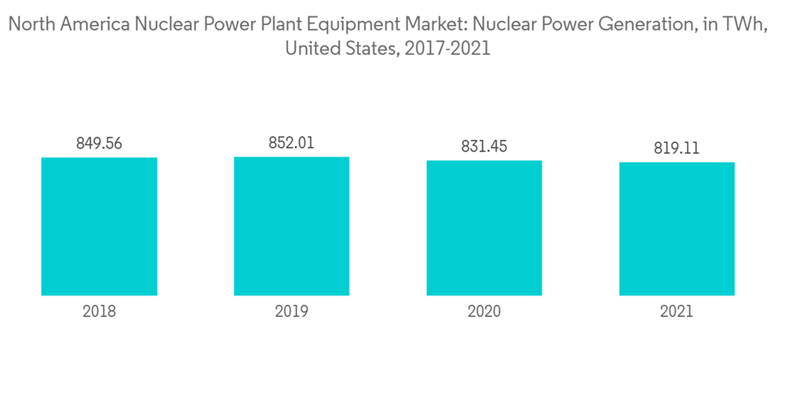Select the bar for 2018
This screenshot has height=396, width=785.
tap(99, 226)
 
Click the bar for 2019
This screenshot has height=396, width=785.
tap(291, 226)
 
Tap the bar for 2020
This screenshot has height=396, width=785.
tap(484, 228)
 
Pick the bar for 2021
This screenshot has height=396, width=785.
tap(677, 229)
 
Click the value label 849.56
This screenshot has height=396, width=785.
tap(99, 144)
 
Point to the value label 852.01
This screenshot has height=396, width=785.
tap(291, 143)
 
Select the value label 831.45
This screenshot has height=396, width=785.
tap(484, 146)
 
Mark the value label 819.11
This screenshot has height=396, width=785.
tap(677, 148)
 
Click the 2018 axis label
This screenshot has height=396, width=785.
tap(99, 311)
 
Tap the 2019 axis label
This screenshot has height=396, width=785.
tap(291, 311)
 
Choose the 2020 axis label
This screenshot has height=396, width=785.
tap(484, 311)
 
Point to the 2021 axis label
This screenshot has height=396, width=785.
tap(677, 311)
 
